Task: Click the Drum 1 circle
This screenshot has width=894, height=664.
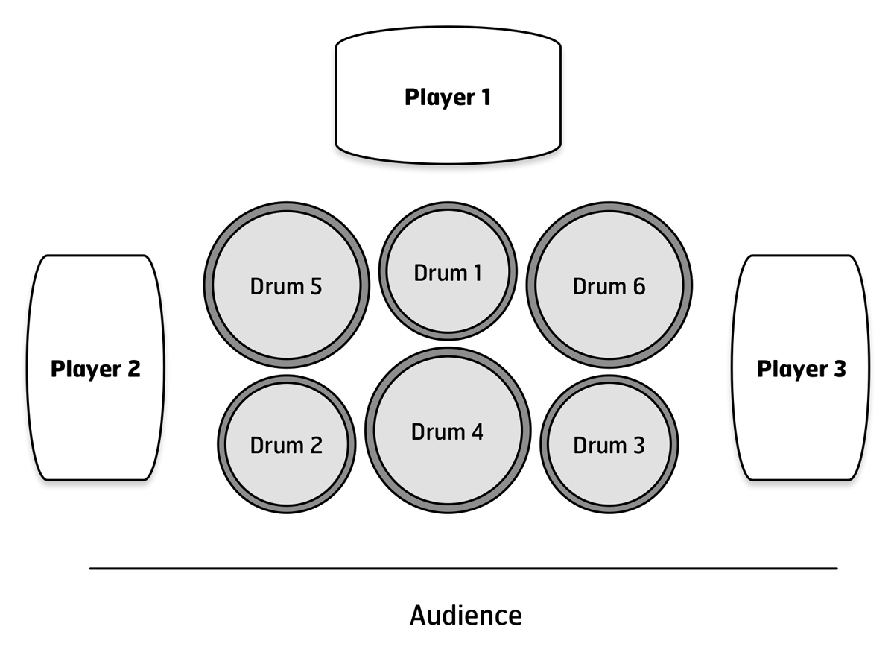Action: pyautogui.click(x=448, y=271)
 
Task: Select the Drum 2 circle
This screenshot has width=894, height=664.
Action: pyautogui.click(x=287, y=444)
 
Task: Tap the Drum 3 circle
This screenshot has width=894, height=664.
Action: pyautogui.click(x=609, y=444)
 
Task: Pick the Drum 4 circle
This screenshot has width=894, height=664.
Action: pyautogui.click(x=448, y=430)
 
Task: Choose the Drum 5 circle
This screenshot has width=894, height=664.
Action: pyautogui.click(x=287, y=285)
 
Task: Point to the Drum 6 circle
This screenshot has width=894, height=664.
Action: pyautogui.click(x=609, y=285)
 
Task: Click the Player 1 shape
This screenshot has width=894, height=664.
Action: pyautogui.click(x=448, y=95)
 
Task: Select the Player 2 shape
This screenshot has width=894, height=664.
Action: pyautogui.click(x=95, y=367)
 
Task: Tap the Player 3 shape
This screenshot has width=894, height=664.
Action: pyautogui.click(x=800, y=367)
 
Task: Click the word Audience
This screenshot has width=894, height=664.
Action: pyautogui.click(x=466, y=616)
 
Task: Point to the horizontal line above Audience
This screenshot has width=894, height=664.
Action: pyautogui.click(x=463, y=569)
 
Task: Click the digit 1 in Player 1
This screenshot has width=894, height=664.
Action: pyautogui.click(x=486, y=97)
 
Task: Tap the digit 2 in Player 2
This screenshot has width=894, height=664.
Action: pyautogui.click(x=134, y=368)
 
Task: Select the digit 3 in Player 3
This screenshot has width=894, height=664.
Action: pyautogui.click(x=840, y=368)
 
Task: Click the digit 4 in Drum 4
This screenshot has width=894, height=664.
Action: pyautogui.click(x=477, y=431)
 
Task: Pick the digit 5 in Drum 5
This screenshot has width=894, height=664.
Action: pyautogui.click(x=316, y=286)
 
